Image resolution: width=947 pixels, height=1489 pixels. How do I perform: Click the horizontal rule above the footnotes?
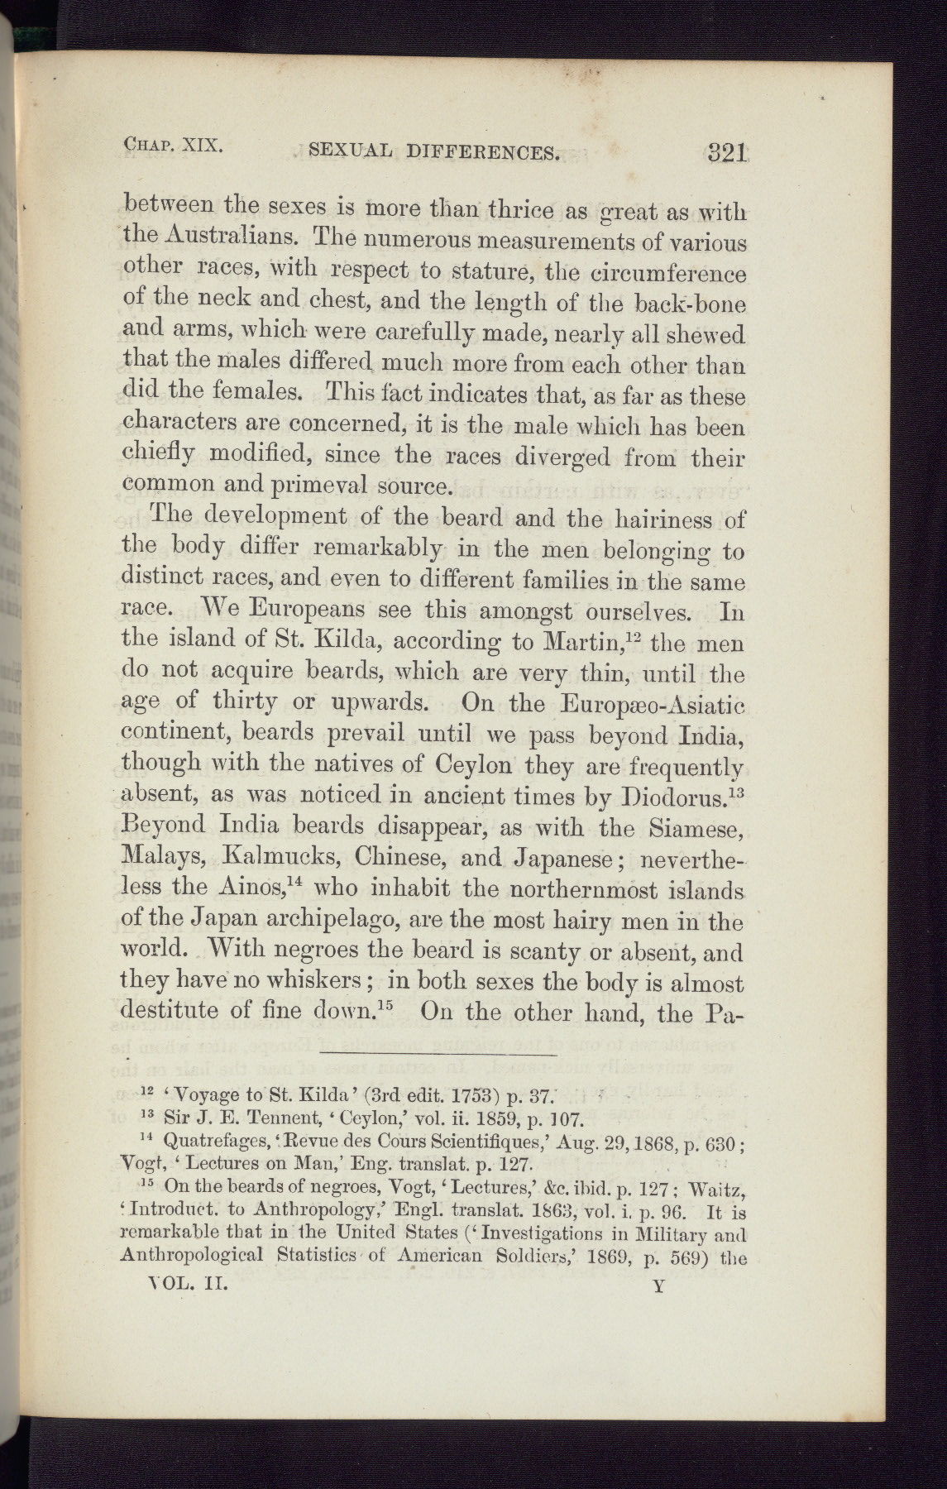pos(438,1055)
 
